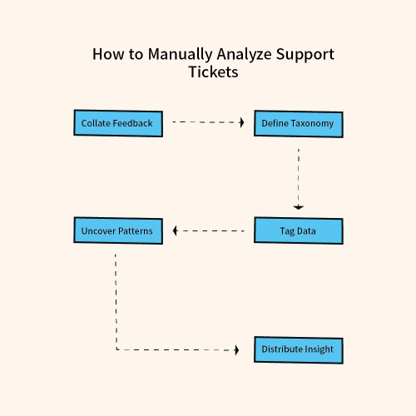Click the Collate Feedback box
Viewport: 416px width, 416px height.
coord(116,123)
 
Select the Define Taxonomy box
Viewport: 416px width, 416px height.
coord(298,123)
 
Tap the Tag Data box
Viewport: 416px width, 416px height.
coord(298,230)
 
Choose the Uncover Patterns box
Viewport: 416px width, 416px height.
coord(116,230)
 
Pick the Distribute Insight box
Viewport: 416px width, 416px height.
coord(298,349)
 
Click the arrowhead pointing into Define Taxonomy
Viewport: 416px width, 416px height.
coord(241,122)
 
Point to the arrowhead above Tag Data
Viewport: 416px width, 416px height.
coord(298,206)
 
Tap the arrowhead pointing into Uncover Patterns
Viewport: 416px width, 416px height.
coord(176,230)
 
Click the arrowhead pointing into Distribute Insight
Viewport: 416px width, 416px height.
coord(241,349)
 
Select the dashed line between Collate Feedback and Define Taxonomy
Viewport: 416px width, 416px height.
coord(206,122)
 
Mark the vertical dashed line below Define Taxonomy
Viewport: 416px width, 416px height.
coord(298,175)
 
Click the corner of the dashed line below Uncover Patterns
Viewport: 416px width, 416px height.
coord(116,349)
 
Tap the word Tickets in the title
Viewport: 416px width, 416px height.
coord(213,72)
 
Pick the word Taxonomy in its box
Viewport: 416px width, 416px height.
coord(312,123)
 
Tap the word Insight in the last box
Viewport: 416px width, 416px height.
coord(317,349)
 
